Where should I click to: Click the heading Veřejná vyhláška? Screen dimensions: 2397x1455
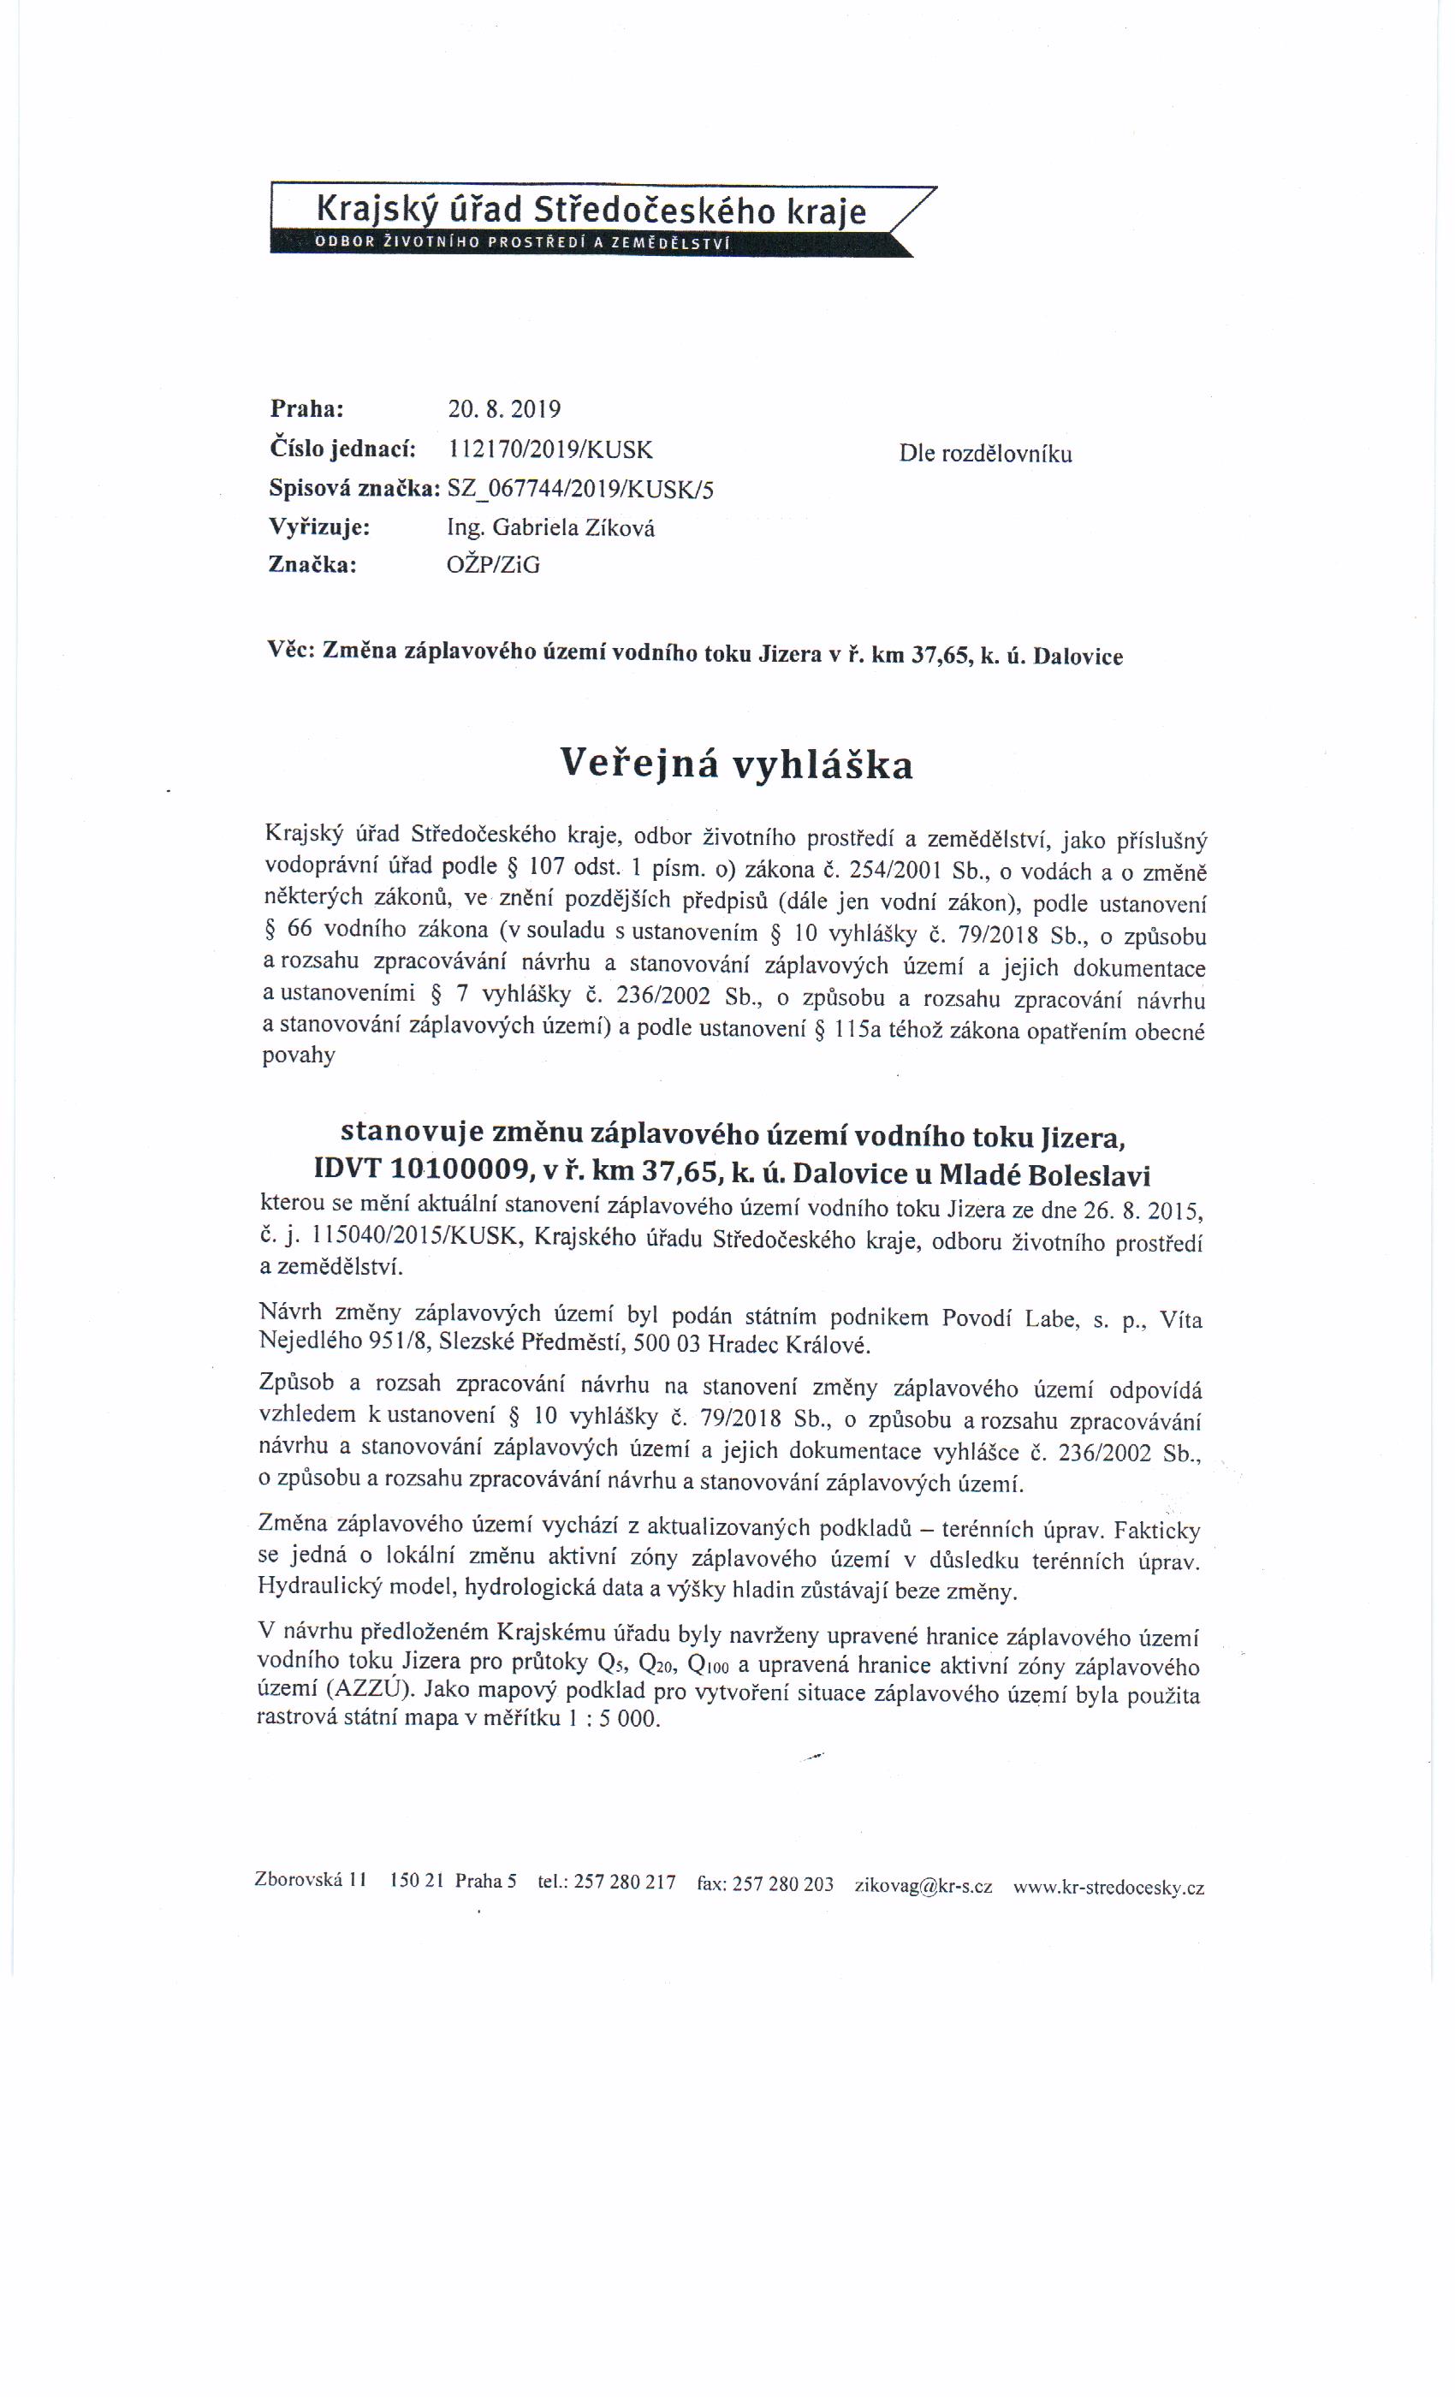coord(736,764)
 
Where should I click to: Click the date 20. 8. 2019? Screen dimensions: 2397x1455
coord(504,408)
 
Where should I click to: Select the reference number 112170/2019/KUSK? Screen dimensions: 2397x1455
coord(549,449)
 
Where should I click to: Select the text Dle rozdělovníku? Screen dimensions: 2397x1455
coord(985,454)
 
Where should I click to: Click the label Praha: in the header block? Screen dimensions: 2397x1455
coord(307,408)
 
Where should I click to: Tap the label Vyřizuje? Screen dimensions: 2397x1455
coord(318,527)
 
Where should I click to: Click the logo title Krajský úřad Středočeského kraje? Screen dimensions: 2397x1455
coord(591,210)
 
